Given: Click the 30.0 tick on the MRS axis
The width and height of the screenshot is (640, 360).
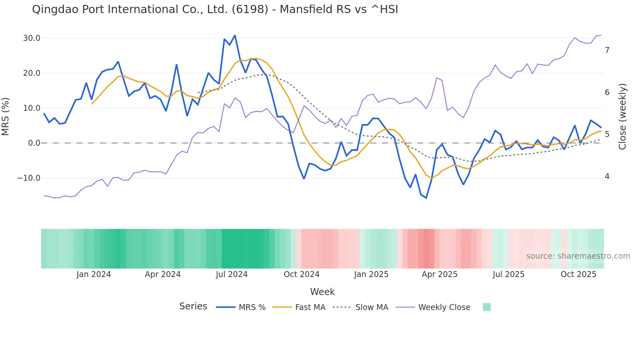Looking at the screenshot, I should (x=31, y=38).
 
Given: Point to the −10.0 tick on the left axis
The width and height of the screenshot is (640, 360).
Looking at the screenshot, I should (x=29, y=178).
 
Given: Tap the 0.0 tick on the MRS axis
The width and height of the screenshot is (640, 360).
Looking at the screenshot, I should (x=34, y=143).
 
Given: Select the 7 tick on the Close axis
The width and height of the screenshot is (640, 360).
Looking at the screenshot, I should (x=607, y=50).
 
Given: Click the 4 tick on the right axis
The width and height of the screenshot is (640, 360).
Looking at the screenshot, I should (x=607, y=176).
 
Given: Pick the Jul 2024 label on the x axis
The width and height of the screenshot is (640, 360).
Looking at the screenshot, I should (x=232, y=274).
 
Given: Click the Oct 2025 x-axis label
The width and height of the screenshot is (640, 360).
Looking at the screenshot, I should (x=578, y=274).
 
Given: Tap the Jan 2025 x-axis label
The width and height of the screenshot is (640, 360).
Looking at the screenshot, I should (x=371, y=274).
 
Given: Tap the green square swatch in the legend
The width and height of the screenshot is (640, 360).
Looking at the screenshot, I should (x=487, y=307).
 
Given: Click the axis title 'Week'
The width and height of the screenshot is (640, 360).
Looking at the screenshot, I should (x=322, y=292).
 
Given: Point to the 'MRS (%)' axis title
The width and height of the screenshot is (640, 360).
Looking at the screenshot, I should (x=6, y=117).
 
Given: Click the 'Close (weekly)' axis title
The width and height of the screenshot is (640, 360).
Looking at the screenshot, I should (x=622, y=117).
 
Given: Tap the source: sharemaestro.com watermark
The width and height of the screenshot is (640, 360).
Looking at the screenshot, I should (x=578, y=256).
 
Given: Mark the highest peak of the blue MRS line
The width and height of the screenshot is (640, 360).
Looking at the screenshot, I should (x=235, y=35).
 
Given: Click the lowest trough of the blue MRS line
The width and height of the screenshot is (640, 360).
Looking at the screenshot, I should (x=426, y=198).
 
